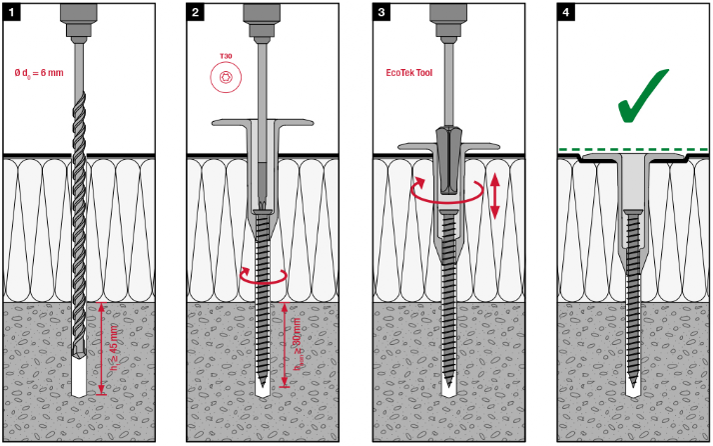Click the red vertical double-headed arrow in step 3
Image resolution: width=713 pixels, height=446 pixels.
[494, 195]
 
